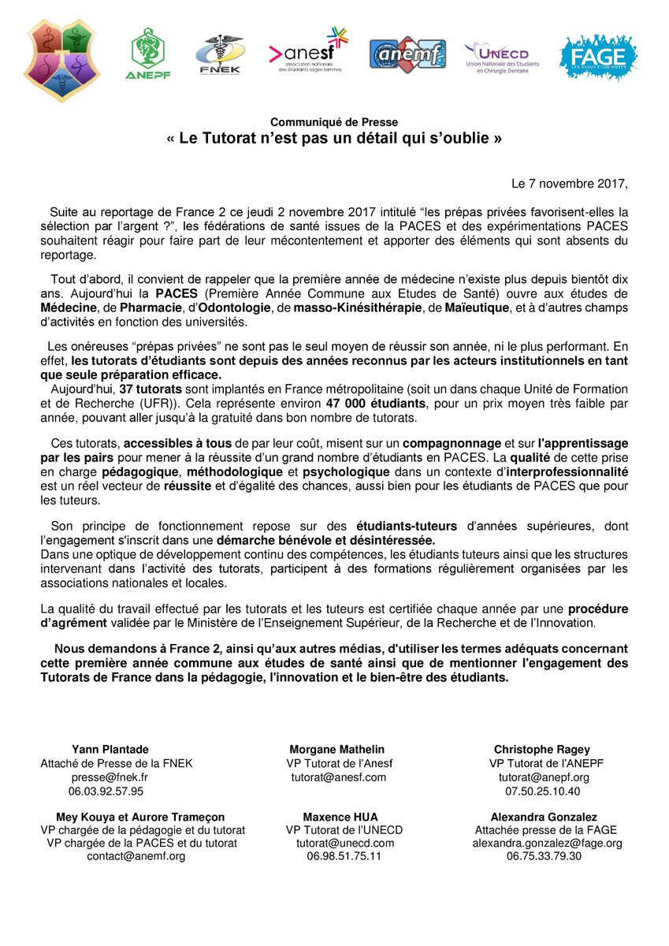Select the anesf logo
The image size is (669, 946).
(308, 52)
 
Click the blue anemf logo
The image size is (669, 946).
(407, 54)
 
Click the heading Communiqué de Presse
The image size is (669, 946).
(334, 121)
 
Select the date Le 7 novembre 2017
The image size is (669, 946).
(571, 184)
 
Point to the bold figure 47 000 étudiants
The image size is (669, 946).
(362, 403)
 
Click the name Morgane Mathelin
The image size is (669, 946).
(337, 750)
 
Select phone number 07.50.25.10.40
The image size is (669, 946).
(544, 790)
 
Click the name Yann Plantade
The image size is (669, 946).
(110, 750)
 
